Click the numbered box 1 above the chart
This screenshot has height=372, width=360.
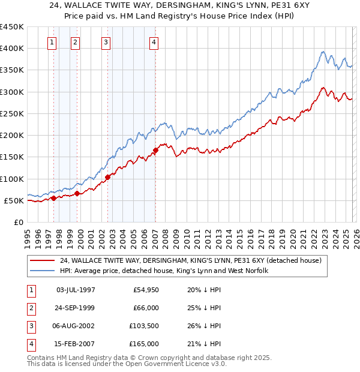coord(53,42)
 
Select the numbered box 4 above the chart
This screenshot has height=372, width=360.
coord(154,42)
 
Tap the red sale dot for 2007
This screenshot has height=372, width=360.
coord(155,150)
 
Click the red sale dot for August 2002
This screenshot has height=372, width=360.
coord(108,177)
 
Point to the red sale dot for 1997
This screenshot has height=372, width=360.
coord(53,198)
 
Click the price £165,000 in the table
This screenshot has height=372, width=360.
coord(143,344)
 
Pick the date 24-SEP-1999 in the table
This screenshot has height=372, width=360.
coord(75,308)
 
